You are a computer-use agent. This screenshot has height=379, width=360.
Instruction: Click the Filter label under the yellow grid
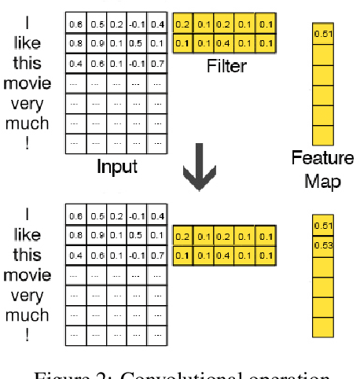coord(226,67)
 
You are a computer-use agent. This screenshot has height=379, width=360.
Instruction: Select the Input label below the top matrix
coord(117,167)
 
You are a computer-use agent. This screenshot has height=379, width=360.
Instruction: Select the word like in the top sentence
coord(28,45)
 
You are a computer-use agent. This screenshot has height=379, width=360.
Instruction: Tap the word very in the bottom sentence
coord(28,295)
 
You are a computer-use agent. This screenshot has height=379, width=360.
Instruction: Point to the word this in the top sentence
coord(28,63)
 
